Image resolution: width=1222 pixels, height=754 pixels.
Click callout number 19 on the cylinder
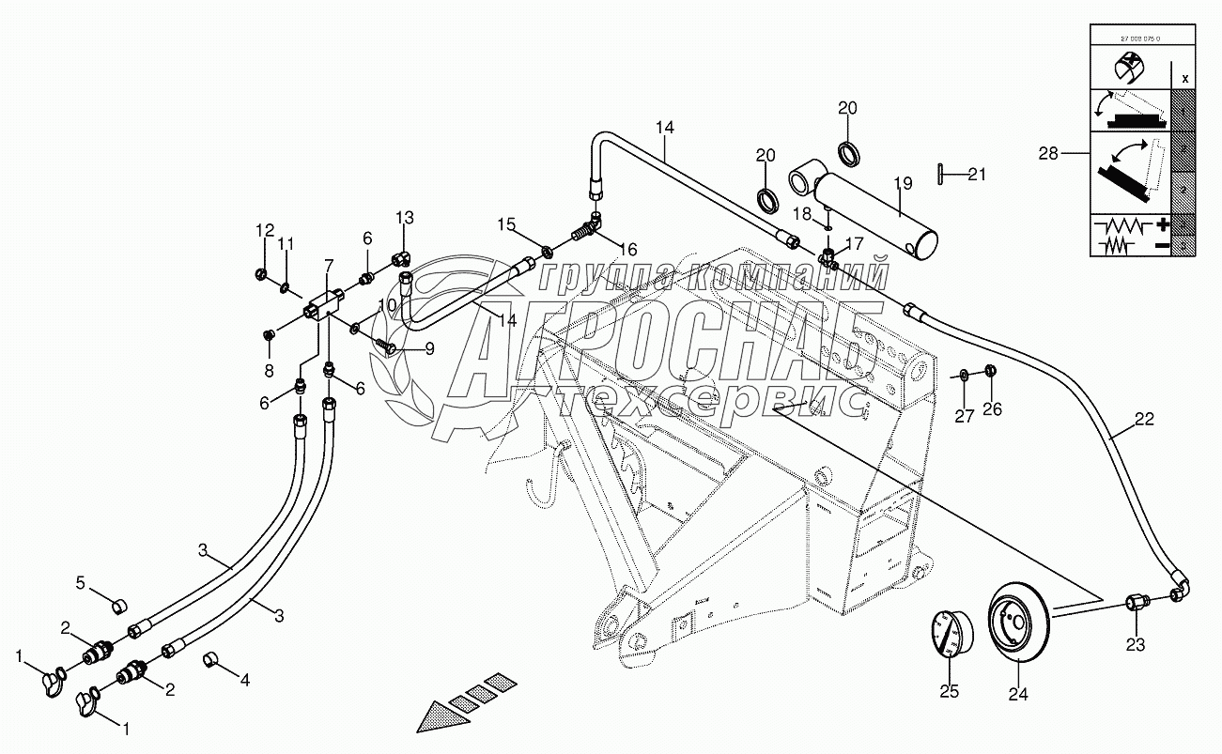pos(903,183)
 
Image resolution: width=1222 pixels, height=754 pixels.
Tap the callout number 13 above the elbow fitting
pos(404,219)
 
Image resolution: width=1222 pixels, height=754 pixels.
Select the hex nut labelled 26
pos(993,375)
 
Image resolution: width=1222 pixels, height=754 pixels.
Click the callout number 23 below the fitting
pos(1136,644)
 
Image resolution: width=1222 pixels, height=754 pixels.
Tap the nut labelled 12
pos(263,273)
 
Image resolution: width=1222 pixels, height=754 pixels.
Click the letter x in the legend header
pos(1184,78)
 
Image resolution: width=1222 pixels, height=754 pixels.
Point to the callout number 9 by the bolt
pos(428,349)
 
